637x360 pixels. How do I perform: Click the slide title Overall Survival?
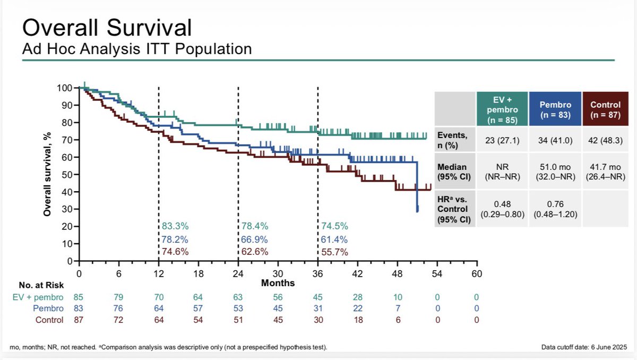point(107,28)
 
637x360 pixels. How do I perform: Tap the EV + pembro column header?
point(502,109)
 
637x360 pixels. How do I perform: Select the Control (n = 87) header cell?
point(605,109)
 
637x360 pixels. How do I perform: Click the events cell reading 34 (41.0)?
point(555,141)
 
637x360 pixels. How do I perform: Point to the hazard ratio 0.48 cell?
point(502,209)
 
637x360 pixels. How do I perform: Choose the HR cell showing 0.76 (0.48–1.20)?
point(555,209)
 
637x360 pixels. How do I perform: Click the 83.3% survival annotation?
point(175,226)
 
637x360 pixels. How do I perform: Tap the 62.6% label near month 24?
point(254,252)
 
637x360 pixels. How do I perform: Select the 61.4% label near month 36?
point(334,239)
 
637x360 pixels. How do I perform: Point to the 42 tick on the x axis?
point(357,273)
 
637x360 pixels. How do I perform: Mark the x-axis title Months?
point(278,283)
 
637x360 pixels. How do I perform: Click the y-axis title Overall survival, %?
point(47,174)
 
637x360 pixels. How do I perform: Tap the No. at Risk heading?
point(41,285)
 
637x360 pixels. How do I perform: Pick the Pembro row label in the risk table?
point(48,308)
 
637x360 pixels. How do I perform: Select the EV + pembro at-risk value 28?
point(357,297)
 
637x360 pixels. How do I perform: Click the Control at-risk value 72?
point(118,320)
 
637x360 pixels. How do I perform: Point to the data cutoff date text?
point(584,347)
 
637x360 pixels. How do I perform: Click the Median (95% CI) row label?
point(454,172)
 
